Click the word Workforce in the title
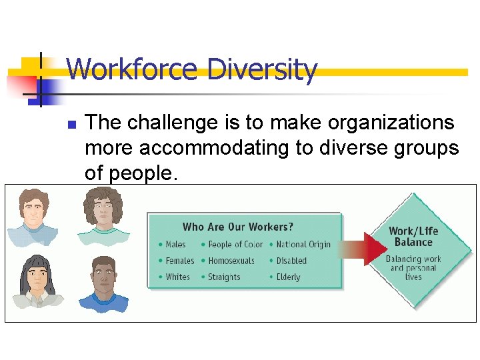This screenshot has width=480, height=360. point(132,69)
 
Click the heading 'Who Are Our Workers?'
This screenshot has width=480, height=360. point(238,227)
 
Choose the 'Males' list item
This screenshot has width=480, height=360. point(175,245)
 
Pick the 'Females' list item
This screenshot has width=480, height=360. point(179,261)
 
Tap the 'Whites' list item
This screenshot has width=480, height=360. point(177,277)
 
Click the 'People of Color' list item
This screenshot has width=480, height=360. point(235,245)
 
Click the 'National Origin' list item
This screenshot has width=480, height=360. point(303,245)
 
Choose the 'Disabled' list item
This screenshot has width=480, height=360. point(291,261)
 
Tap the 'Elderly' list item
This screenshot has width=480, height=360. point(288,277)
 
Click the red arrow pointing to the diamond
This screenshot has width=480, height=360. point(367,251)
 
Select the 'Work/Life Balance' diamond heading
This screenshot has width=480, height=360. point(413,237)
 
